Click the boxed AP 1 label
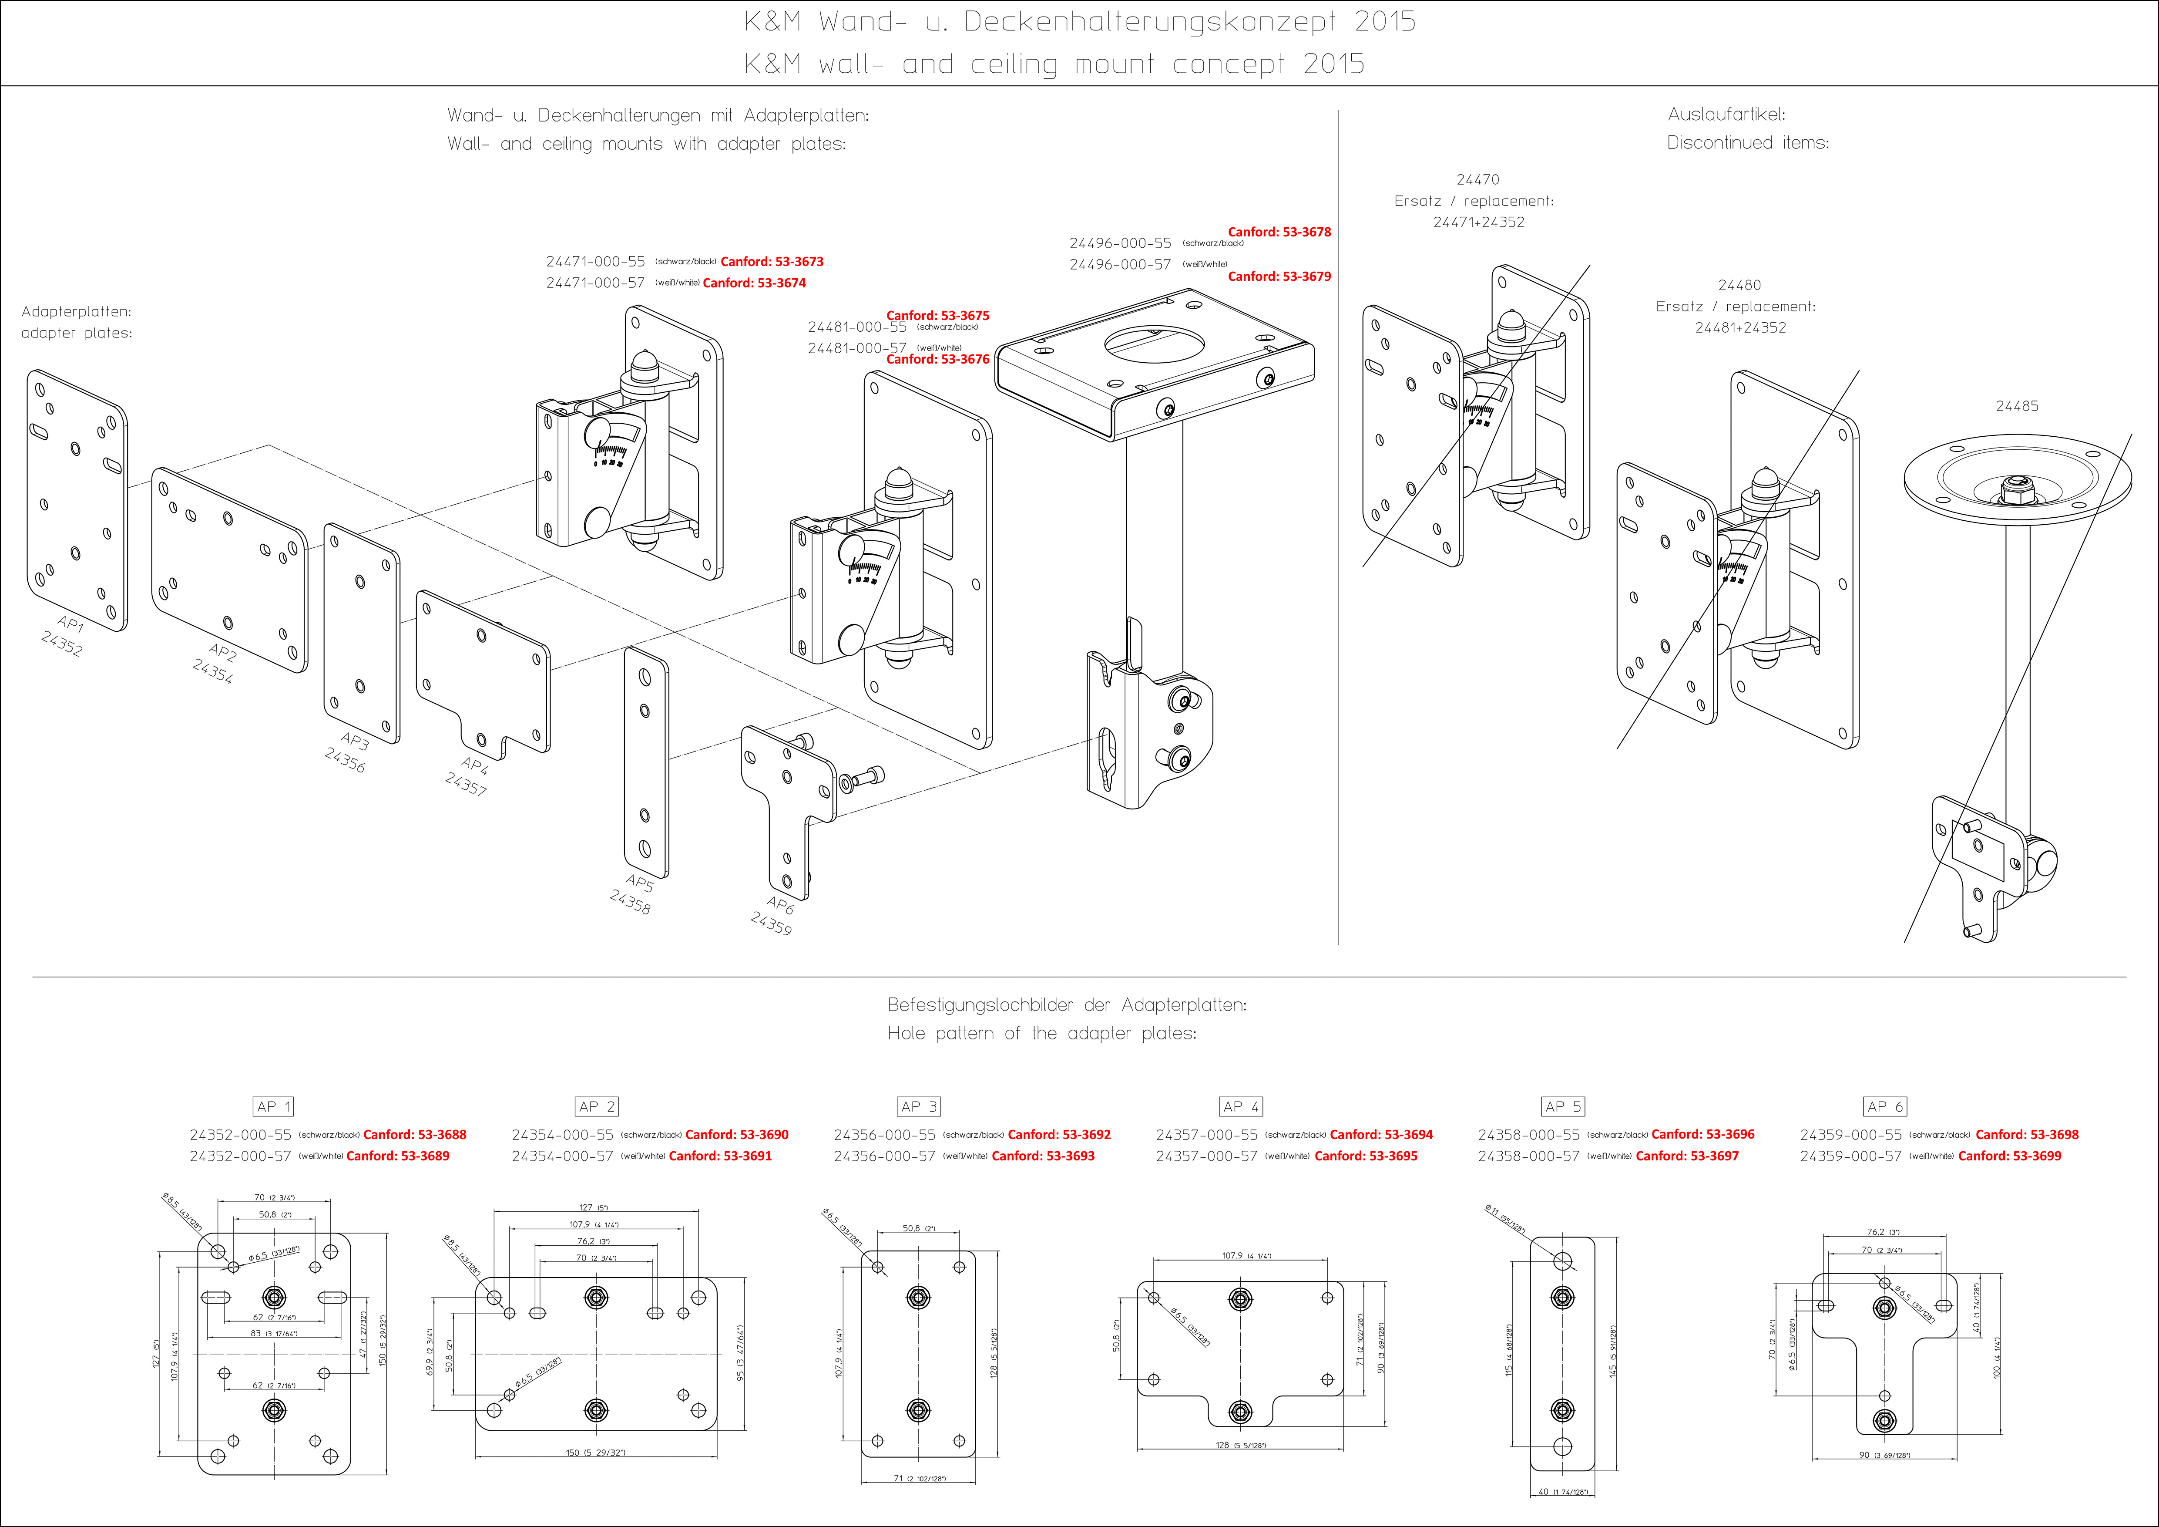point(274,1106)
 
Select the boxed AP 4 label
point(1240,1106)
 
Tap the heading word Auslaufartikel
point(1726,115)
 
